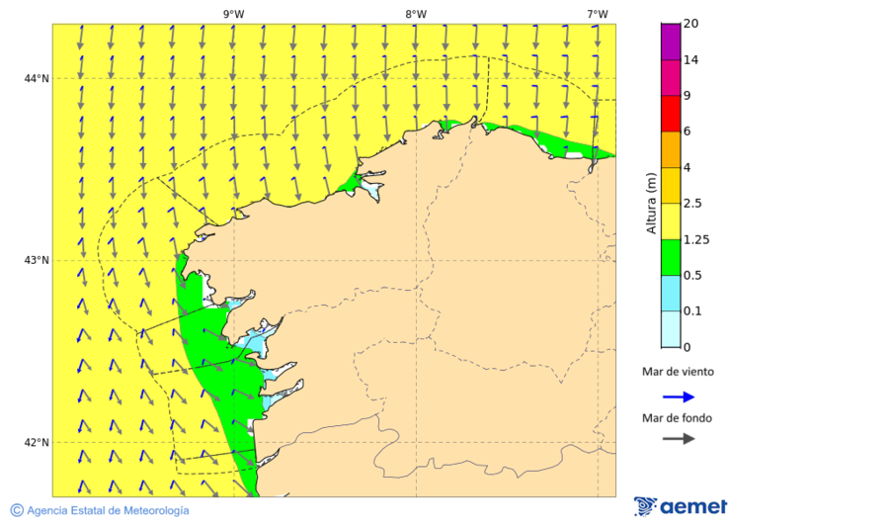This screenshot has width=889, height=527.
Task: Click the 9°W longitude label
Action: point(233,14)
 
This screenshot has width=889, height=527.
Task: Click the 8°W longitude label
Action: point(415,14)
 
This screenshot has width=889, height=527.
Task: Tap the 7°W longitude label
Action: point(597,14)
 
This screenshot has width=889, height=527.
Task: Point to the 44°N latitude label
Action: point(37,79)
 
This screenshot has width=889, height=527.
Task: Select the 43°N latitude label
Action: point(37,260)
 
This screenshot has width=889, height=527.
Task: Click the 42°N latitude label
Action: point(37,442)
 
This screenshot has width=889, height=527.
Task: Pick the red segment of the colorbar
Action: point(671,114)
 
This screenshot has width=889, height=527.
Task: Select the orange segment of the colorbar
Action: point(671,149)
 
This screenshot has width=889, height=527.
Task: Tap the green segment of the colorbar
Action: point(671,257)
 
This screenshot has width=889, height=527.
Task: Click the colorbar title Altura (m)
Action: point(651,204)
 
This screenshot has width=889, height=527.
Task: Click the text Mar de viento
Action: point(678,373)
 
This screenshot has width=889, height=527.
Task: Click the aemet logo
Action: point(681,506)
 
